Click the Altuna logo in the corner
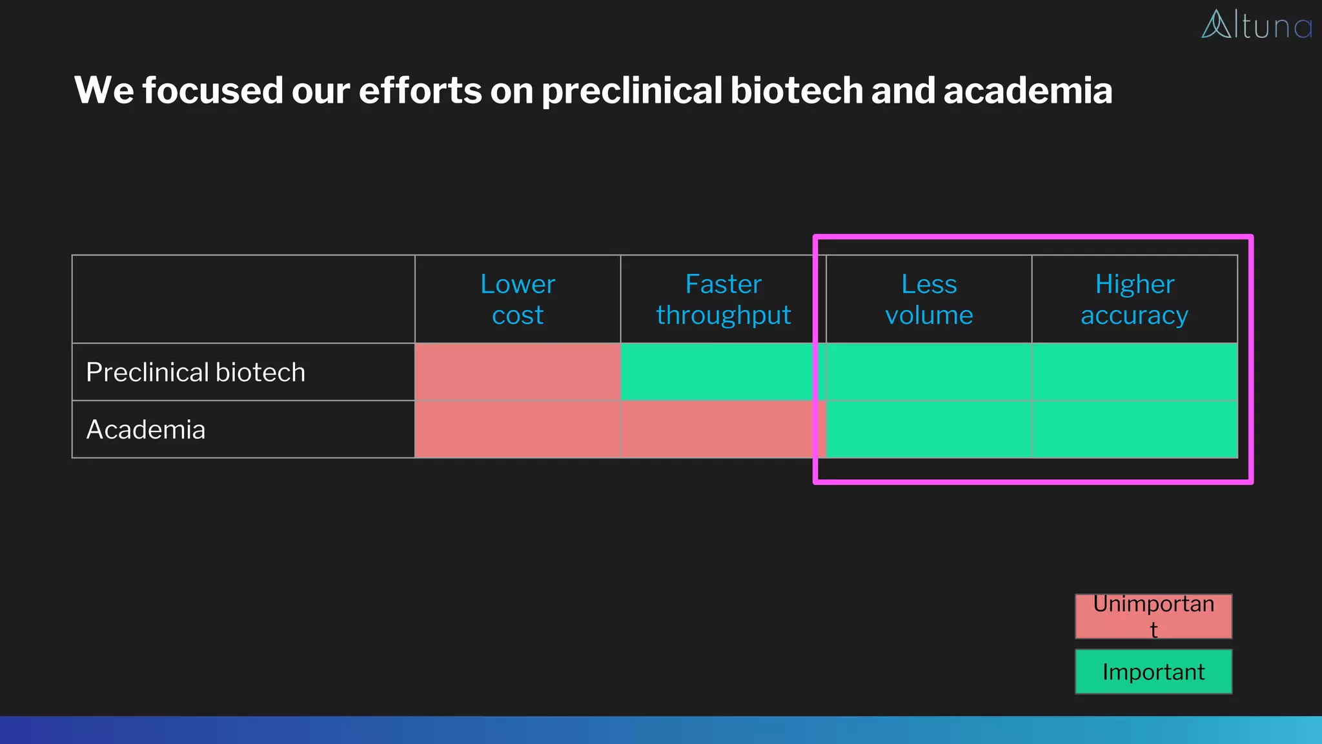(1256, 25)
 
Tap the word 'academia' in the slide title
(1028, 90)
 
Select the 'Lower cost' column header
(517, 299)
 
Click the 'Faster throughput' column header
(723, 299)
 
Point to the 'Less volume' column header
(928, 299)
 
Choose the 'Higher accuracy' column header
(1134, 299)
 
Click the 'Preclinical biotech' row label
(196, 372)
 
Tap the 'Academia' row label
(146, 429)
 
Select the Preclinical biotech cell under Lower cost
(517, 372)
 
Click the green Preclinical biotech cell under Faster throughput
(717, 372)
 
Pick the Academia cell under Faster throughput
(717, 429)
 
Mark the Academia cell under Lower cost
(517, 429)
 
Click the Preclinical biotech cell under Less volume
(928, 372)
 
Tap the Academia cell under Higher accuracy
(1134, 429)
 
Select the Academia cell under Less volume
(928, 429)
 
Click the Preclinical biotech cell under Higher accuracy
(1134, 372)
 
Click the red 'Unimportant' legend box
(1153, 616)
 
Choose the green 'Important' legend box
(1153, 672)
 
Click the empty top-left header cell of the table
(243, 299)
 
